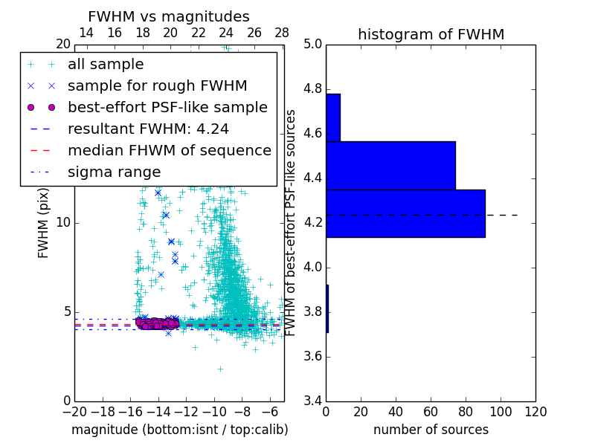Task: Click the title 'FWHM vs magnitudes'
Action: (169, 16)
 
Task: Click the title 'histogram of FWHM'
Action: (431, 34)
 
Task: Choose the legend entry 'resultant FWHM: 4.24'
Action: (148, 129)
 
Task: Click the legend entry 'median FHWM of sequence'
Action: (169, 150)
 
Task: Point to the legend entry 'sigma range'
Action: (114, 172)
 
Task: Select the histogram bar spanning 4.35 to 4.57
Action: (390, 166)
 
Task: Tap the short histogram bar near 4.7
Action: (333, 117)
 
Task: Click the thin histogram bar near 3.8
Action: (327, 308)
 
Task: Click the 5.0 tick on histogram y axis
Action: (312, 44)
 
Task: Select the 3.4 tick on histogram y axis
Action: (312, 401)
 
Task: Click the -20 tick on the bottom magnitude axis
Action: (74, 411)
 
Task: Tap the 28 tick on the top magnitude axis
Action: (282, 33)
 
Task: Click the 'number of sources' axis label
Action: (431, 430)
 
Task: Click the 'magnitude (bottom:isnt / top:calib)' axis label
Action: (179, 430)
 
